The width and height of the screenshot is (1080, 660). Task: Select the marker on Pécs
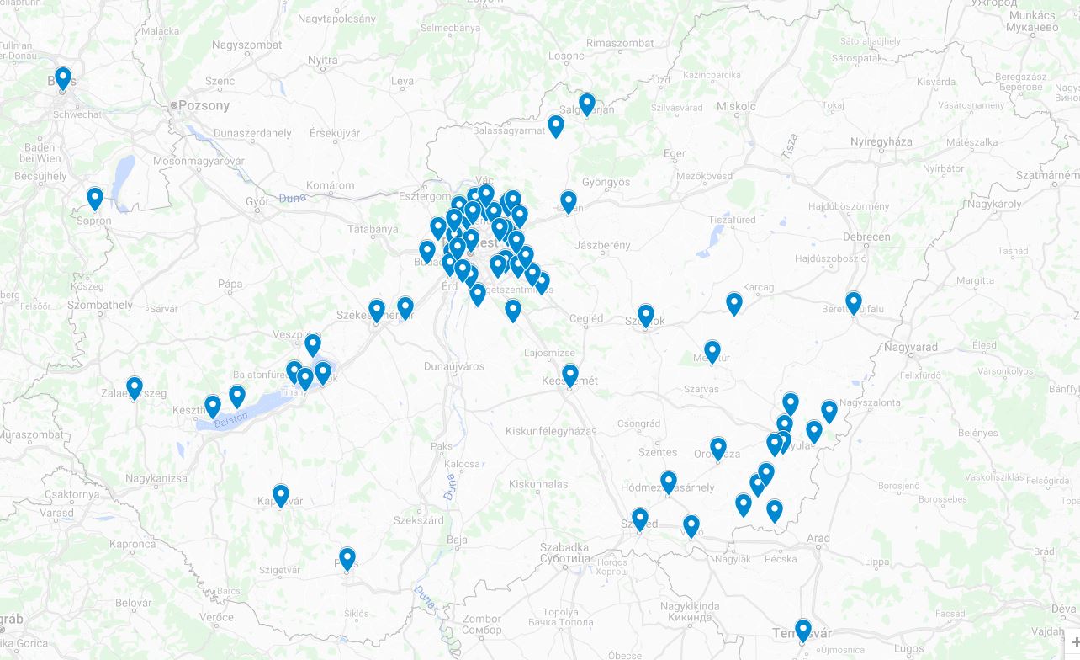point(347,558)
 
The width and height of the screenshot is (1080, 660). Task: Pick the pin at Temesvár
point(803,630)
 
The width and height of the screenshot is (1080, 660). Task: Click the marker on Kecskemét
point(570,375)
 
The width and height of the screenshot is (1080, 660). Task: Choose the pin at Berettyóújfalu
point(854,302)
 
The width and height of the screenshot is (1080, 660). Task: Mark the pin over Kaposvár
point(281,496)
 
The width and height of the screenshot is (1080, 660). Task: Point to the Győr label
point(257,202)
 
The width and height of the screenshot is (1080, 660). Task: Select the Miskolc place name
point(736,106)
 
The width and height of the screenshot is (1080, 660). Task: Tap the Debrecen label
point(866,237)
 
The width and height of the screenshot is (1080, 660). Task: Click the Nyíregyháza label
point(881,141)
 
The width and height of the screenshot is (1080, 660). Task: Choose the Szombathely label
point(102,305)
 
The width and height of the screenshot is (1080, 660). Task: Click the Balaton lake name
point(231,418)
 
